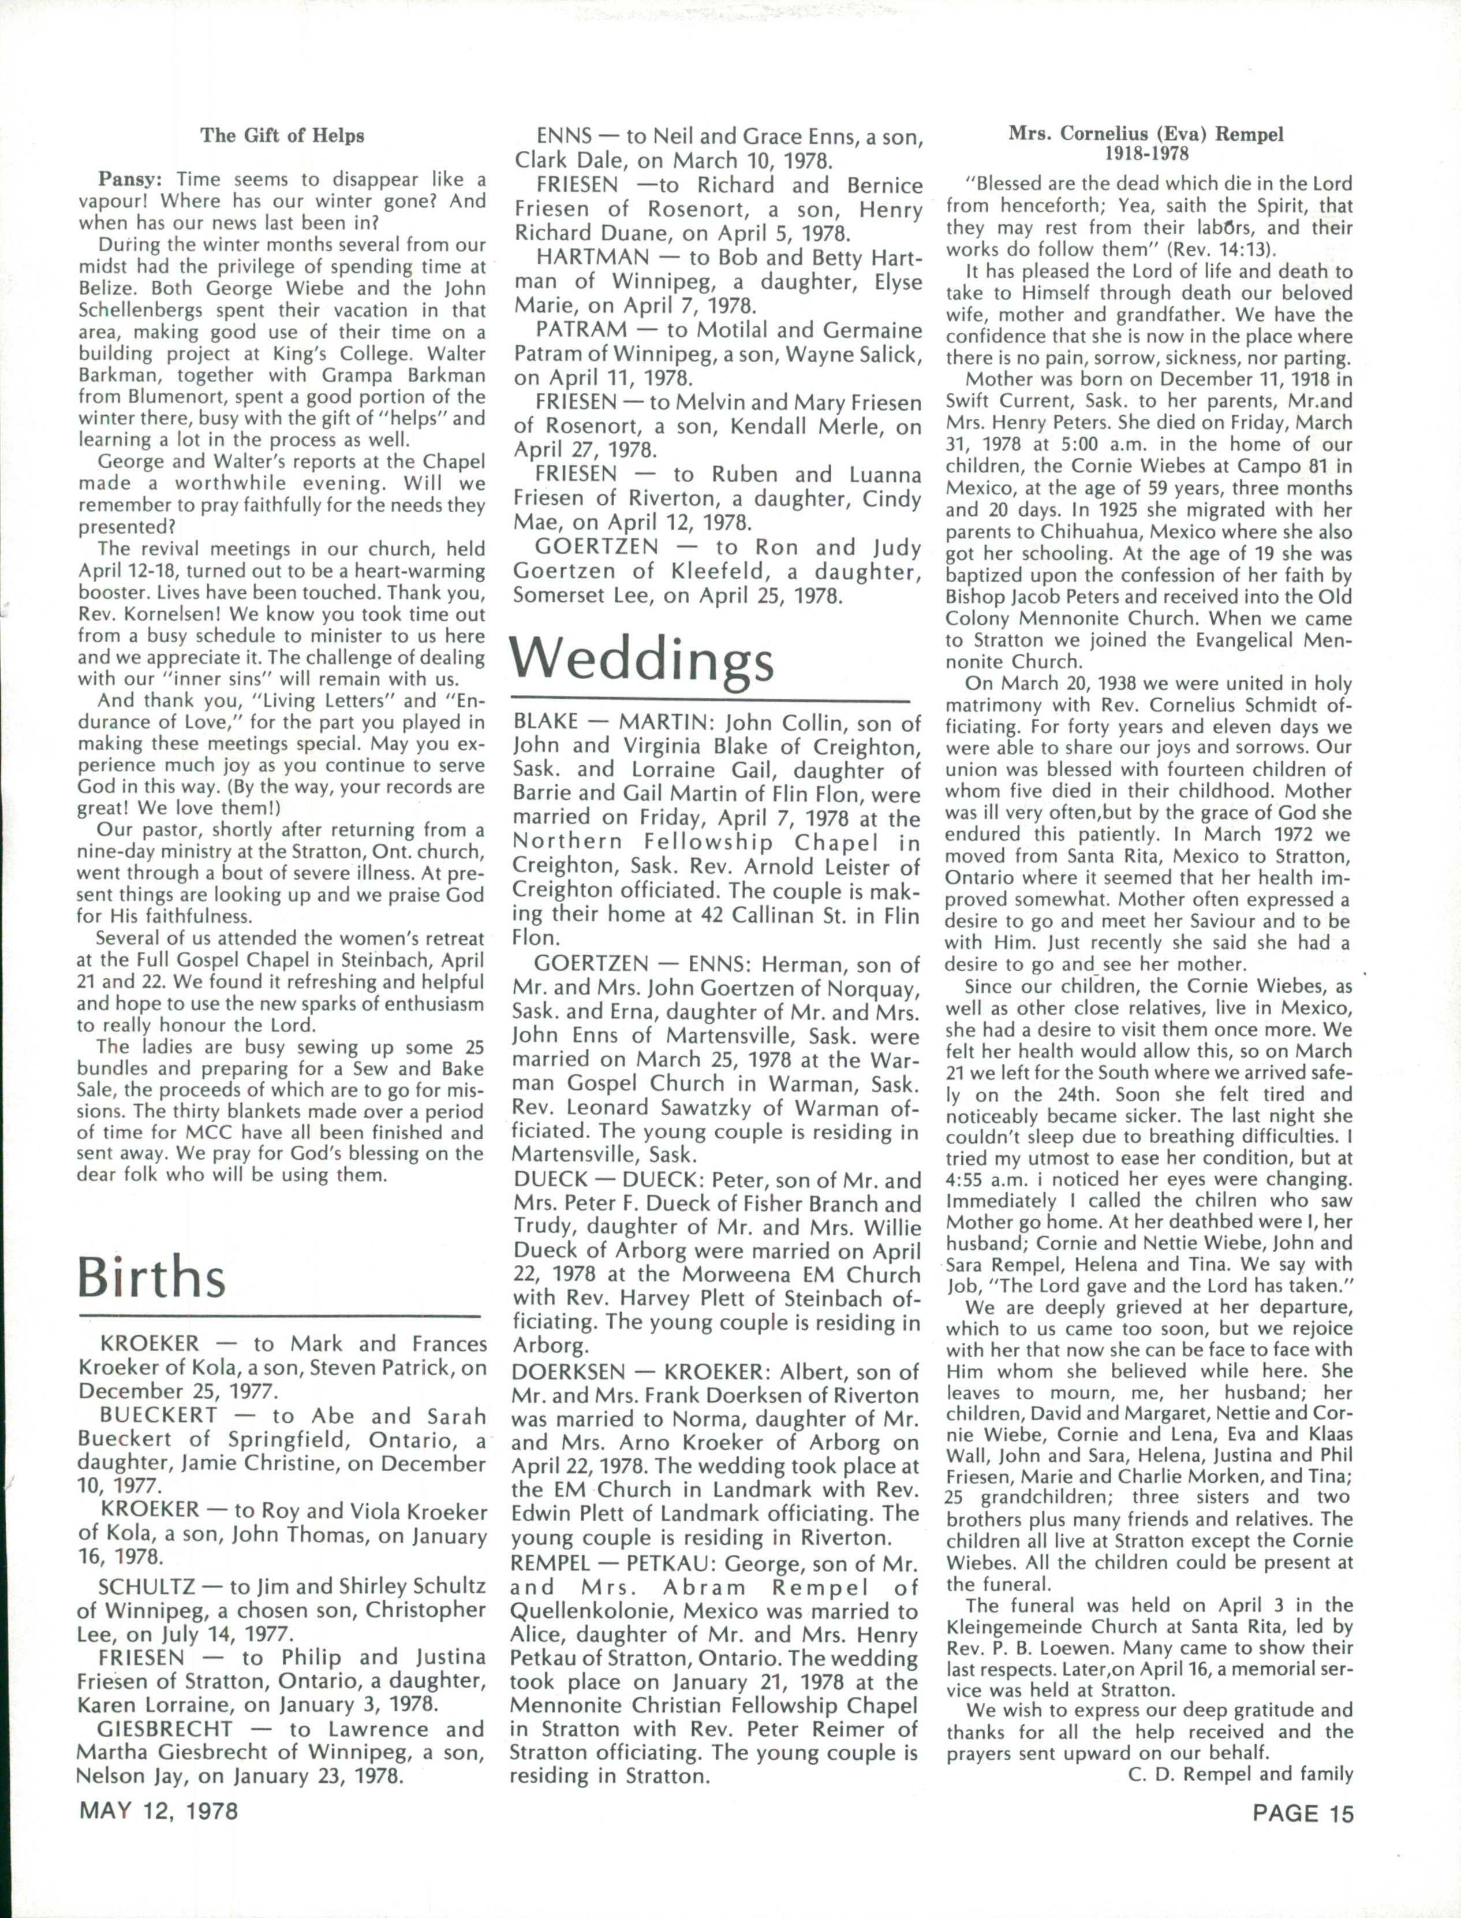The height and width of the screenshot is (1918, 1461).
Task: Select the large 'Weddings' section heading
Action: pyautogui.click(x=642, y=661)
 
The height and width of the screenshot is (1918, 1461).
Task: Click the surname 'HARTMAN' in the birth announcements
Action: pyautogui.click(x=593, y=258)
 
